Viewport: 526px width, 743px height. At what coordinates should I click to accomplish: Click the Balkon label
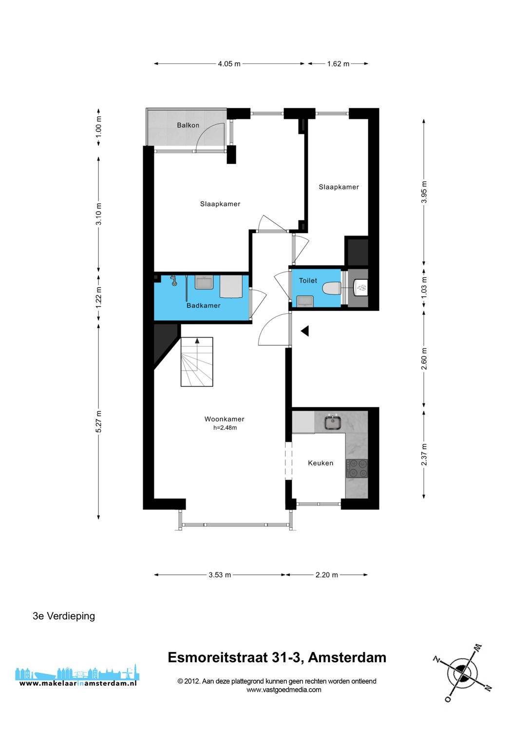(x=188, y=125)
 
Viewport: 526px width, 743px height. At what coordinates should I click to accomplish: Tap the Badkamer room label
(x=203, y=306)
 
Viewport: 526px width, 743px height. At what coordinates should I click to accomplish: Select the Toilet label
(x=308, y=280)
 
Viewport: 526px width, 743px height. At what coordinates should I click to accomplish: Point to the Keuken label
(x=320, y=463)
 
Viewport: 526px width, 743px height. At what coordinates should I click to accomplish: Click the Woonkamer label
(x=224, y=419)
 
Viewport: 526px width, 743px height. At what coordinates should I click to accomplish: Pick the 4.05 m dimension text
(x=229, y=64)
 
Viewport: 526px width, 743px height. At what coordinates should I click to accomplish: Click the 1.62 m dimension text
(x=338, y=64)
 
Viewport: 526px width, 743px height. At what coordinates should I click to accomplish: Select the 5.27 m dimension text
(x=98, y=421)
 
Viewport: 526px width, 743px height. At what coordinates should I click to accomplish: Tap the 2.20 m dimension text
(x=326, y=575)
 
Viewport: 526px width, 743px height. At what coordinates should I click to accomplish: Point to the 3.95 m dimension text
(x=424, y=192)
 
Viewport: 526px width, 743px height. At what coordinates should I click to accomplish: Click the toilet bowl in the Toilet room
(x=331, y=288)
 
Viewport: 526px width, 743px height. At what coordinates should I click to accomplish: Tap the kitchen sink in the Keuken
(x=332, y=422)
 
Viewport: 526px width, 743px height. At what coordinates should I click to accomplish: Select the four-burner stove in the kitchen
(x=357, y=469)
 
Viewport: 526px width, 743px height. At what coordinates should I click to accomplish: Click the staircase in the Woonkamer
(x=197, y=362)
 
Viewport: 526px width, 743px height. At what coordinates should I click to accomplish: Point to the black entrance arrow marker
(x=304, y=331)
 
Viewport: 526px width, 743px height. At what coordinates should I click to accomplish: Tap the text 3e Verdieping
(x=64, y=616)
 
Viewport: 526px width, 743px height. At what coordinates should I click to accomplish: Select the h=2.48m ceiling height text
(x=225, y=428)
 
